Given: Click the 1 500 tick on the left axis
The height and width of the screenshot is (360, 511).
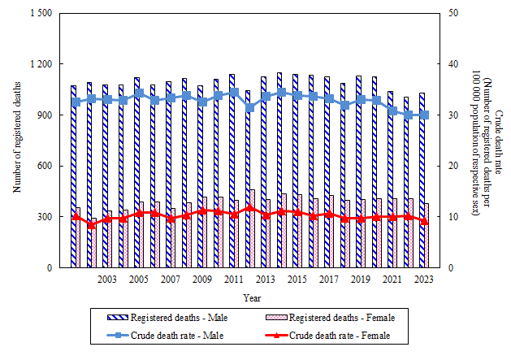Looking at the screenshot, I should [x=39, y=13].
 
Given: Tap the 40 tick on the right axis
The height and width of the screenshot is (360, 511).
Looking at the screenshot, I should [x=452, y=64].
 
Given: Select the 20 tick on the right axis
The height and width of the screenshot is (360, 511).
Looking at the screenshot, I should [x=452, y=166].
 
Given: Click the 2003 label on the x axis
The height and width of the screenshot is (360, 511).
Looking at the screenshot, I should [x=106, y=280].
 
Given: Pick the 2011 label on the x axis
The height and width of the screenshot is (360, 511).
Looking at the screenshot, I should [x=233, y=280].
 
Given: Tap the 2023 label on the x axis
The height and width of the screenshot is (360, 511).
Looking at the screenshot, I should [x=423, y=280].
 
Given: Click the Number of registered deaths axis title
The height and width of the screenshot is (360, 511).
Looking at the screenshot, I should [x=16, y=141].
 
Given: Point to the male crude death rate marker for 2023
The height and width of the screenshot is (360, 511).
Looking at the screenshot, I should [x=424, y=115].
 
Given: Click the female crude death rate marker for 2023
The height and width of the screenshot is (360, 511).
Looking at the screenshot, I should [x=424, y=221].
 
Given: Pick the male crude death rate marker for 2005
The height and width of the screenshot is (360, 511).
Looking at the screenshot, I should [x=139, y=93].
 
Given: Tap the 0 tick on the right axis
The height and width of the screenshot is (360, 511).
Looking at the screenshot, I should [x=449, y=268].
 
